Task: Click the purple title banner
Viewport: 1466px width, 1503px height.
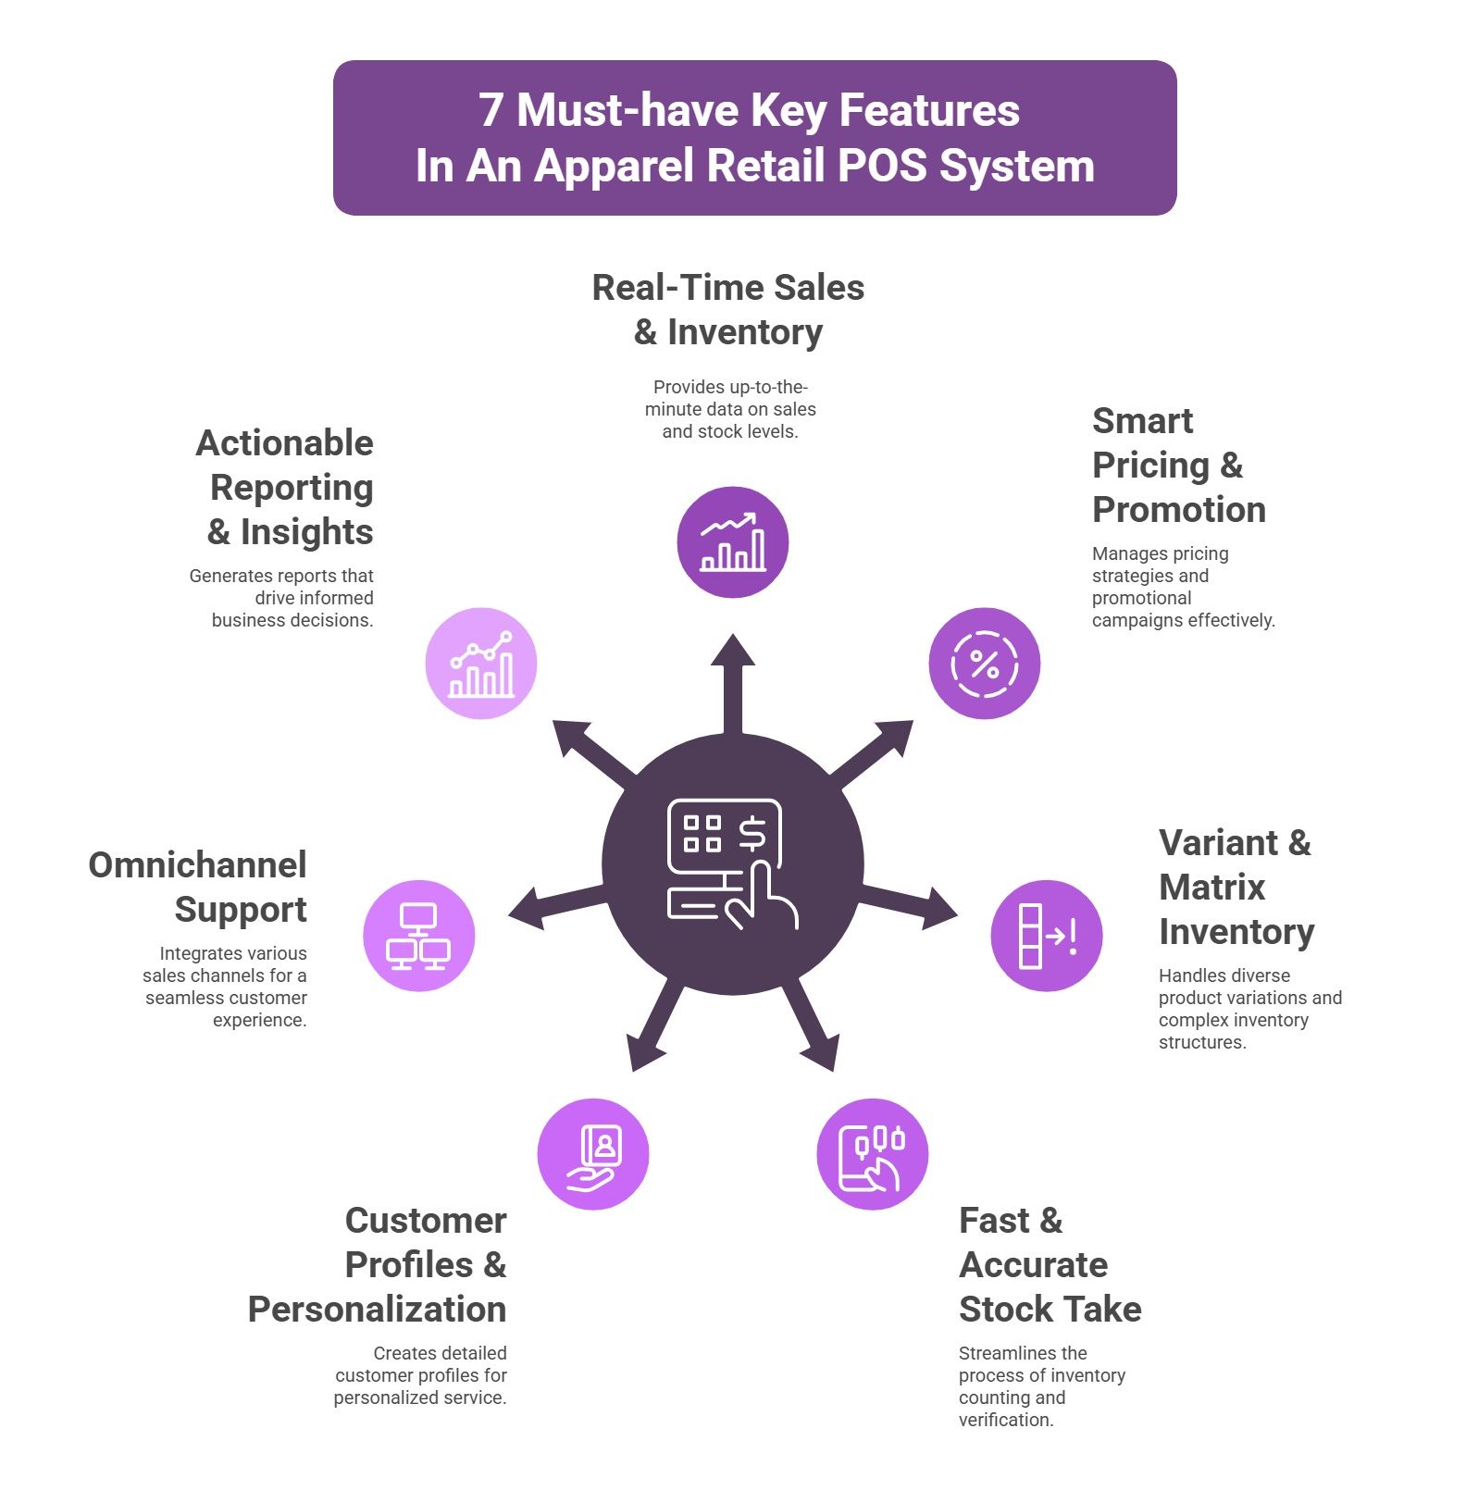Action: [754, 138]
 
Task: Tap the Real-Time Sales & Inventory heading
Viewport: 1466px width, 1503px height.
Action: [728, 310]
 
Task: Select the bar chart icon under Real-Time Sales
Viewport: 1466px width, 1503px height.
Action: [733, 542]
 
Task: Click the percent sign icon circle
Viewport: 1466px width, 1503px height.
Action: [985, 664]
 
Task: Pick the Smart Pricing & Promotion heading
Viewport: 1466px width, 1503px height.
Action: [1179, 465]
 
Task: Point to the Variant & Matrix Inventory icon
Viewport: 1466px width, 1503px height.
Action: [1047, 936]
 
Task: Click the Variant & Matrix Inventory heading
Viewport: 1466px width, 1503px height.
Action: [1236, 887]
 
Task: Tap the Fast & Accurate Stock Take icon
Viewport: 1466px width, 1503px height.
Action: [873, 1154]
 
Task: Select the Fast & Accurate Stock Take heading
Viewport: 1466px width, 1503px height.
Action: [1050, 1264]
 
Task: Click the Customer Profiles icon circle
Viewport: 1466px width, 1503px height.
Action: [593, 1154]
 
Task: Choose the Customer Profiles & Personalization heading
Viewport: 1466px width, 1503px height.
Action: [378, 1264]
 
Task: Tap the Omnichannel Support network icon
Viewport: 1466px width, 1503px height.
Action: [419, 936]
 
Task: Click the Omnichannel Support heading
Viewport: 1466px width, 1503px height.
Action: [198, 887]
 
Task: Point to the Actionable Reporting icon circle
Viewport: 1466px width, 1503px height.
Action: [481, 664]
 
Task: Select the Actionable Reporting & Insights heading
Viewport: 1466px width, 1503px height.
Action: [285, 487]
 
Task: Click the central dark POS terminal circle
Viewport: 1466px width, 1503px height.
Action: [733, 864]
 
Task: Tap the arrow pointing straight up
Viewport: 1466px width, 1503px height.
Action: [733, 685]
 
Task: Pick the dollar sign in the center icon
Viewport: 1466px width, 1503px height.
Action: [752, 833]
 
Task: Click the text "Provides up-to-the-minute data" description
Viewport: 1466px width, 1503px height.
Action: [730, 409]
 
